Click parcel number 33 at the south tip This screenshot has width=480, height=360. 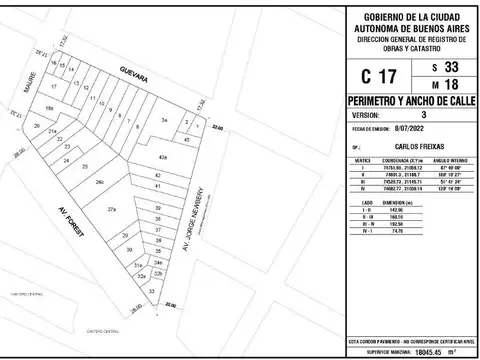tap(152, 289)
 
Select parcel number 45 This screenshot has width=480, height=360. tap(188, 139)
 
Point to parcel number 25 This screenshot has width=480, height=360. tap(85, 165)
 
